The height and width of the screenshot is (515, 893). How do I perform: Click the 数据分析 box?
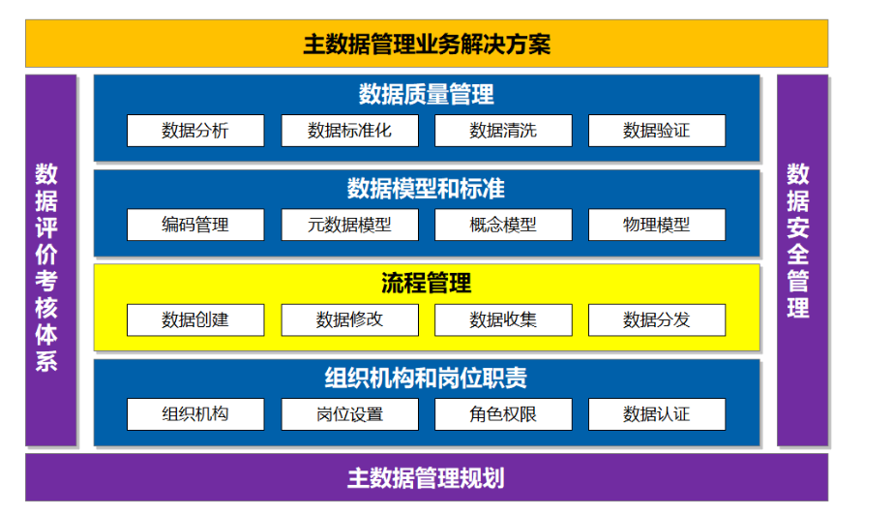(x=195, y=131)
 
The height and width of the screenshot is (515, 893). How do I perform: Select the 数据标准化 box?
(x=349, y=131)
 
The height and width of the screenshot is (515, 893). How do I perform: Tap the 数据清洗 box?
(x=503, y=131)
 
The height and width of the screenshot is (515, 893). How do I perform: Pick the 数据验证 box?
(x=657, y=131)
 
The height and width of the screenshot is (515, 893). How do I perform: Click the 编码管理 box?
(x=195, y=225)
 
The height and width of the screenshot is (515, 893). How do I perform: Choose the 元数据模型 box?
(x=349, y=225)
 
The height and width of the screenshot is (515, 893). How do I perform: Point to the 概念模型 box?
(x=503, y=225)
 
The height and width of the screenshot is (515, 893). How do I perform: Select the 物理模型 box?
(x=657, y=225)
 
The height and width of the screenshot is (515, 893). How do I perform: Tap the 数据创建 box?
(x=195, y=320)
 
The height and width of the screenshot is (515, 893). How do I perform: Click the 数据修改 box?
(x=349, y=320)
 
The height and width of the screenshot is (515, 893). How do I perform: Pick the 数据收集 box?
(x=503, y=320)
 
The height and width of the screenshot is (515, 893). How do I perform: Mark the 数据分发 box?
(x=657, y=320)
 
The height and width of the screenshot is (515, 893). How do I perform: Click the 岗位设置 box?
(x=349, y=414)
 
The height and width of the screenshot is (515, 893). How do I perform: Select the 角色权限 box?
(x=503, y=414)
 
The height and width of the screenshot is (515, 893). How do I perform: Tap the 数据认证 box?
(x=657, y=414)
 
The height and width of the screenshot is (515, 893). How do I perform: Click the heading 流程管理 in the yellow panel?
(x=427, y=283)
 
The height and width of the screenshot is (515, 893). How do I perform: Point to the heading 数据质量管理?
(x=426, y=95)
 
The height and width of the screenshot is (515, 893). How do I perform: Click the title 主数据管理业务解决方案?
(x=427, y=45)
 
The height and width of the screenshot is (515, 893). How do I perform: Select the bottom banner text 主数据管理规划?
(x=426, y=478)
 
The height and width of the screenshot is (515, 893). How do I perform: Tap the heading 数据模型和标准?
(x=426, y=189)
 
